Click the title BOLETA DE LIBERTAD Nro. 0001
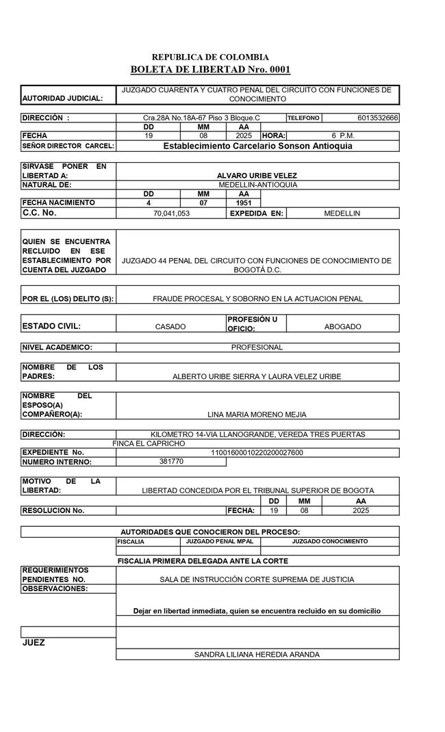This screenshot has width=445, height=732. pyautogui.click(x=210, y=70)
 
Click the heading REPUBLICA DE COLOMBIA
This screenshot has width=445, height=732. pyautogui.click(x=210, y=57)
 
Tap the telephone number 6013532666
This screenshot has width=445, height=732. pyautogui.click(x=378, y=118)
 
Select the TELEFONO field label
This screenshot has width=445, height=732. pyautogui.click(x=303, y=118)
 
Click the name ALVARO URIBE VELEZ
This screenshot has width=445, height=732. pyautogui.click(x=257, y=176)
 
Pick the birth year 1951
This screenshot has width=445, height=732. pyautogui.click(x=244, y=203)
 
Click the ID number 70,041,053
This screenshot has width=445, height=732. pyautogui.click(x=172, y=213)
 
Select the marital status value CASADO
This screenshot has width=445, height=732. pyautogui.click(x=170, y=327)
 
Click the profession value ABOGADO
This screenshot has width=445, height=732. pyautogui.click(x=342, y=327)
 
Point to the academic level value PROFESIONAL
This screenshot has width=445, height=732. pyautogui.click(x=257, y=348)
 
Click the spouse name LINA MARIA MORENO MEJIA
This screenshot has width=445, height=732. pyautogui.click(x=257, y=415)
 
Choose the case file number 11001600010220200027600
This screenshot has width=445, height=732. pyautogui.click(x=257, y=452)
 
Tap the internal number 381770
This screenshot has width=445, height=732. pyautogui.click(x=171, y=462)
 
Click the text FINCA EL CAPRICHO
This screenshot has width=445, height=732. pyautogui.click(x=149, y=444)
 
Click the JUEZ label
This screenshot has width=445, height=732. pyautogui.click(x=34, y=643)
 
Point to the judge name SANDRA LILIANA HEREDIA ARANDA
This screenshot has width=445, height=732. pyautogui.click(x=257, y=655)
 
